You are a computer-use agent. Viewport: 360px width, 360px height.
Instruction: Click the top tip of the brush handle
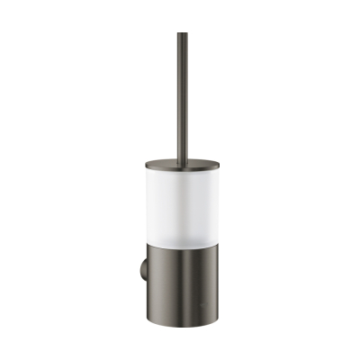182,34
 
